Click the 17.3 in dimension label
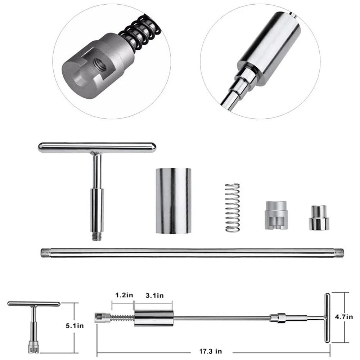211,350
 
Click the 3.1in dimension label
154,296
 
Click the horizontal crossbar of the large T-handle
97,147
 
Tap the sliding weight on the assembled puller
154,318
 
